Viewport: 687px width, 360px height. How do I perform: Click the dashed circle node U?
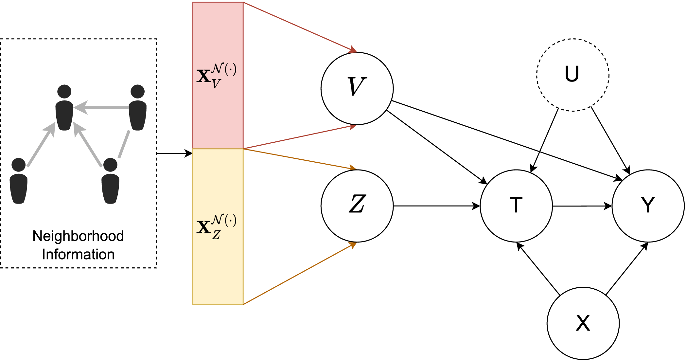pos(572,75)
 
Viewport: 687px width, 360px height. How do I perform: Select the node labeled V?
pos(357,88)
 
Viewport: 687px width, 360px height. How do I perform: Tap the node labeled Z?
pos(357,206)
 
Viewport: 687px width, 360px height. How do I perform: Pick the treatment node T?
pos(516,206)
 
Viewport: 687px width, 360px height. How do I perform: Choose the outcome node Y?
pos(648,206)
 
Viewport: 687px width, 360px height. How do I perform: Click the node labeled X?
pos(583,323)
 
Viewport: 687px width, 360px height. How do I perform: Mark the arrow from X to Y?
pos(626,269)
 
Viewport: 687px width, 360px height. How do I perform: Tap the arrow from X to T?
pos(538,269)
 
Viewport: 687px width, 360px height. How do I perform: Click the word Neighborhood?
pos(78,236)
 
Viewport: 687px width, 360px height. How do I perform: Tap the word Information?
pos(78,254)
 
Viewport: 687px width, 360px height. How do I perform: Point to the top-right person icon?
pos(137,108)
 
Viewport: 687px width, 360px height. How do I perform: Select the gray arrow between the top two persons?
pos(101,107)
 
